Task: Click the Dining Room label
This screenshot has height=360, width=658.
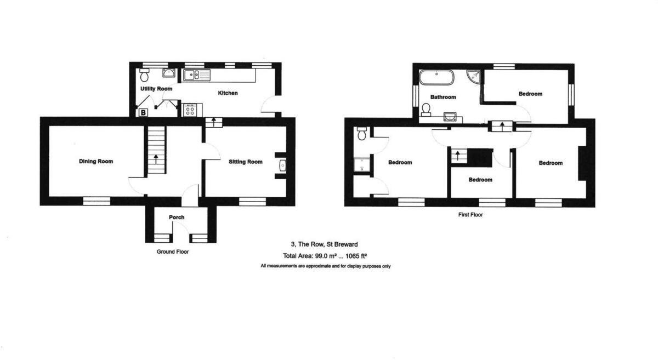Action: [x=96, y=162]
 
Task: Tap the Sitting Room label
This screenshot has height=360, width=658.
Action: [x=246, y=162]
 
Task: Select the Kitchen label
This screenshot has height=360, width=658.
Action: [x=228, y=93]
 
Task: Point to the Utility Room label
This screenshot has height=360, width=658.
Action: [x=156, y=89]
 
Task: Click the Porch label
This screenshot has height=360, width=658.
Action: [x=177, y=218]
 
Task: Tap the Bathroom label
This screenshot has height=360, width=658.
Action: [x=443, y=98]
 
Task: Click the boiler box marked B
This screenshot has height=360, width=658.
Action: [x=143, y=112]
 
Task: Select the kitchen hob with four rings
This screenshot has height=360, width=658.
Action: [x=190, y=111]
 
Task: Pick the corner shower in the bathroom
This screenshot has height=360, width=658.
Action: [x=474, y=77]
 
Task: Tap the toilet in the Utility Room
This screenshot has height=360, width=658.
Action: [x=145, y=75]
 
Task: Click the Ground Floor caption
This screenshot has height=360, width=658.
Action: [x=173, y=252]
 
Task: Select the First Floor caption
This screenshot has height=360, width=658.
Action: [x=470, y=215]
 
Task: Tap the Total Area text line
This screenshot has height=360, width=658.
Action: [x=325, y=256]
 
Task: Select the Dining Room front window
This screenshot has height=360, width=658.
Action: [x=97, y=201]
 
